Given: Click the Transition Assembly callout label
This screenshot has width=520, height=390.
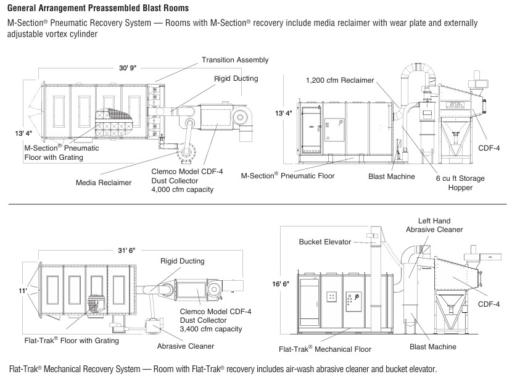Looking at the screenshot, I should tap(235, 60).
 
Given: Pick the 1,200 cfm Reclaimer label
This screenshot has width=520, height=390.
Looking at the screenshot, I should tap(340, 80).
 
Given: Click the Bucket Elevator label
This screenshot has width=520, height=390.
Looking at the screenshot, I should tap(325, 241).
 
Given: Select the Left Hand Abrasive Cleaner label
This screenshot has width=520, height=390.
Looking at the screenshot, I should tap(434, 225).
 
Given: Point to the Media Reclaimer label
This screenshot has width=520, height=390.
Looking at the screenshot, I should tap(104, 183).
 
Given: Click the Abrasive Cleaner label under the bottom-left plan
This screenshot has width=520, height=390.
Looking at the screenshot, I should tap(186, 346).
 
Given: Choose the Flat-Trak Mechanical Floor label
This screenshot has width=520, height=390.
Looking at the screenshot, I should tap(324, 349).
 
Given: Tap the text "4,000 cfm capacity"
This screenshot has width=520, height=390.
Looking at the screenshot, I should tap(182, 189).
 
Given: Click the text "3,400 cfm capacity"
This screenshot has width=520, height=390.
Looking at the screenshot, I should tap(211, 329).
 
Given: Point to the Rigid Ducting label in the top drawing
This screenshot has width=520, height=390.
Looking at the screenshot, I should tap(236, 79).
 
